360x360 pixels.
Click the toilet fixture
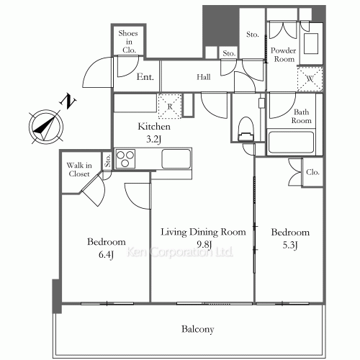246,129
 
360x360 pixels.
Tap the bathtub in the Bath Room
292,142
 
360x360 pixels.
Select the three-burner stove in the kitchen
125,158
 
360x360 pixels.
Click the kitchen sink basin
176,158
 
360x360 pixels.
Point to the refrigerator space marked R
170,106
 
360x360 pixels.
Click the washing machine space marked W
310,78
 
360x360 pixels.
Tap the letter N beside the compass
68,102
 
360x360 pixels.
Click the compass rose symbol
46,127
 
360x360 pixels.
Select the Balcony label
197,329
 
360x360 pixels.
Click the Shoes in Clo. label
129,42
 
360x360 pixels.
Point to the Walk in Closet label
79,169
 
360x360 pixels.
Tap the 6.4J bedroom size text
106,255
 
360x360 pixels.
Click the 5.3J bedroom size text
290,246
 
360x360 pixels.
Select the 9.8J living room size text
204,245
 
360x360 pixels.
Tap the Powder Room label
284,55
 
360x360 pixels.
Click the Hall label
204,77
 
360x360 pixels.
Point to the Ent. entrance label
145,77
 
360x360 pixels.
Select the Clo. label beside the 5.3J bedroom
312,172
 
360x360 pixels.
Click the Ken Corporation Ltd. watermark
180,252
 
